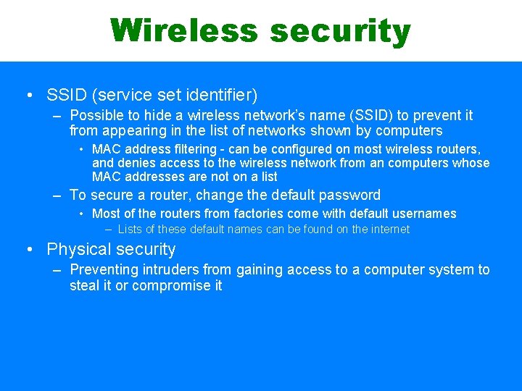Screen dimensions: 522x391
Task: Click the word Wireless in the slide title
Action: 184,30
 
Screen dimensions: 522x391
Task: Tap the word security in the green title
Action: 340,32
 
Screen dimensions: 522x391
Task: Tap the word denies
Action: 134,163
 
